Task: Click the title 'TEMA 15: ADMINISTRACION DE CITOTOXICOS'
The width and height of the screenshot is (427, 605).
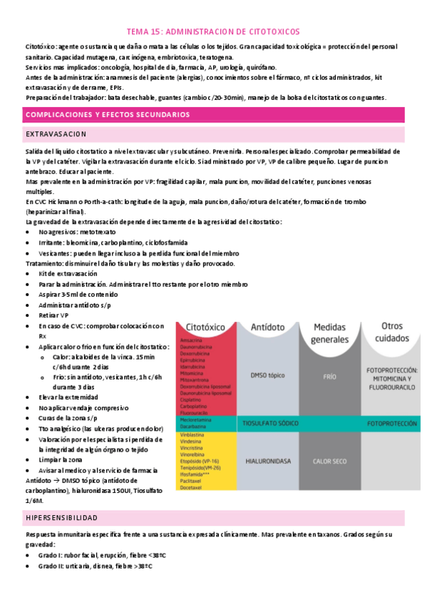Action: (213, 31)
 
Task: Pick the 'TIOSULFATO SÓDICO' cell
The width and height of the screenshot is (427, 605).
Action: (270, 423)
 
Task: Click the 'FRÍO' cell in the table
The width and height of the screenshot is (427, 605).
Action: (329, 375)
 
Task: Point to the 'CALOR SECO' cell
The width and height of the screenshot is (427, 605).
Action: (329, 461)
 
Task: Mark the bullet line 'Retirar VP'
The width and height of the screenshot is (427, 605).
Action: (53, 315)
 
